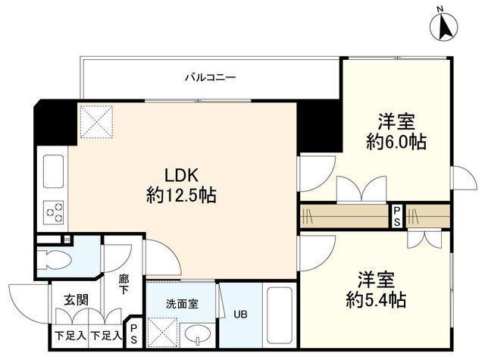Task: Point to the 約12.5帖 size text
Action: coord(181,195)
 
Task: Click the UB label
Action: coord(239,315)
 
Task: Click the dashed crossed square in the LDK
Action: coord(96,121)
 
